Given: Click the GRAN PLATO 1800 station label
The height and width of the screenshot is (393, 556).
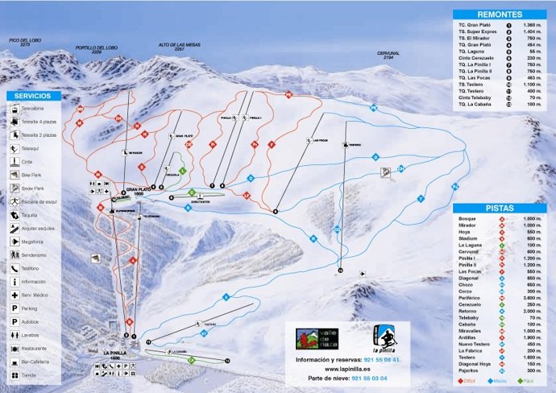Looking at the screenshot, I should (134, 192).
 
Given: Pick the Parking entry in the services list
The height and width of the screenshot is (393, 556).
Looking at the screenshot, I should (30, 308).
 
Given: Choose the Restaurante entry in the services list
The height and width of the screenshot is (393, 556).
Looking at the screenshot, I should (35, 349).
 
